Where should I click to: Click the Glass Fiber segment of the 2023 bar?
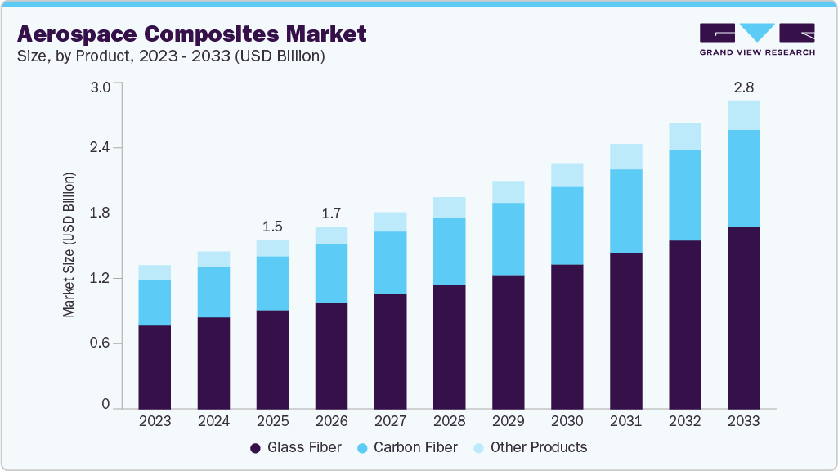(155, 366)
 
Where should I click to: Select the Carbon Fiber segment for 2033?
(744, 177)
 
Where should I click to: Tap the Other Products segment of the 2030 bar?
(567, 175)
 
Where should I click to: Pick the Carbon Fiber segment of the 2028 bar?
(449, 251)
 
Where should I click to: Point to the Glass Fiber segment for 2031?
(625, 330)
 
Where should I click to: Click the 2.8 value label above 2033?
(743, 87)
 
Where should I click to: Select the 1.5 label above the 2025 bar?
(272, 227)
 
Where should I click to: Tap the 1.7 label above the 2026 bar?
(331, 213)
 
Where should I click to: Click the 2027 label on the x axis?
(390, 421)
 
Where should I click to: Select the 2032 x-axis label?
(684, 421)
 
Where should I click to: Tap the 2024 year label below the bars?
(213, 421)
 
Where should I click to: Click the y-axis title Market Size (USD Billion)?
(69, 245)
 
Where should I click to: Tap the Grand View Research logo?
(756, 38)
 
